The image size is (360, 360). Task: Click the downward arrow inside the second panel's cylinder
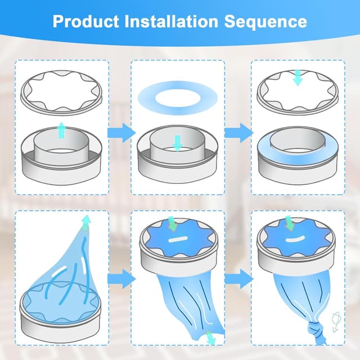177,143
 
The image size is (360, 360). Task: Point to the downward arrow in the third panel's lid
298,78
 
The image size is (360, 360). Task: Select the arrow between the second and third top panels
238,133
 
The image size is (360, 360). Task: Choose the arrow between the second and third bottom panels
238,277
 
